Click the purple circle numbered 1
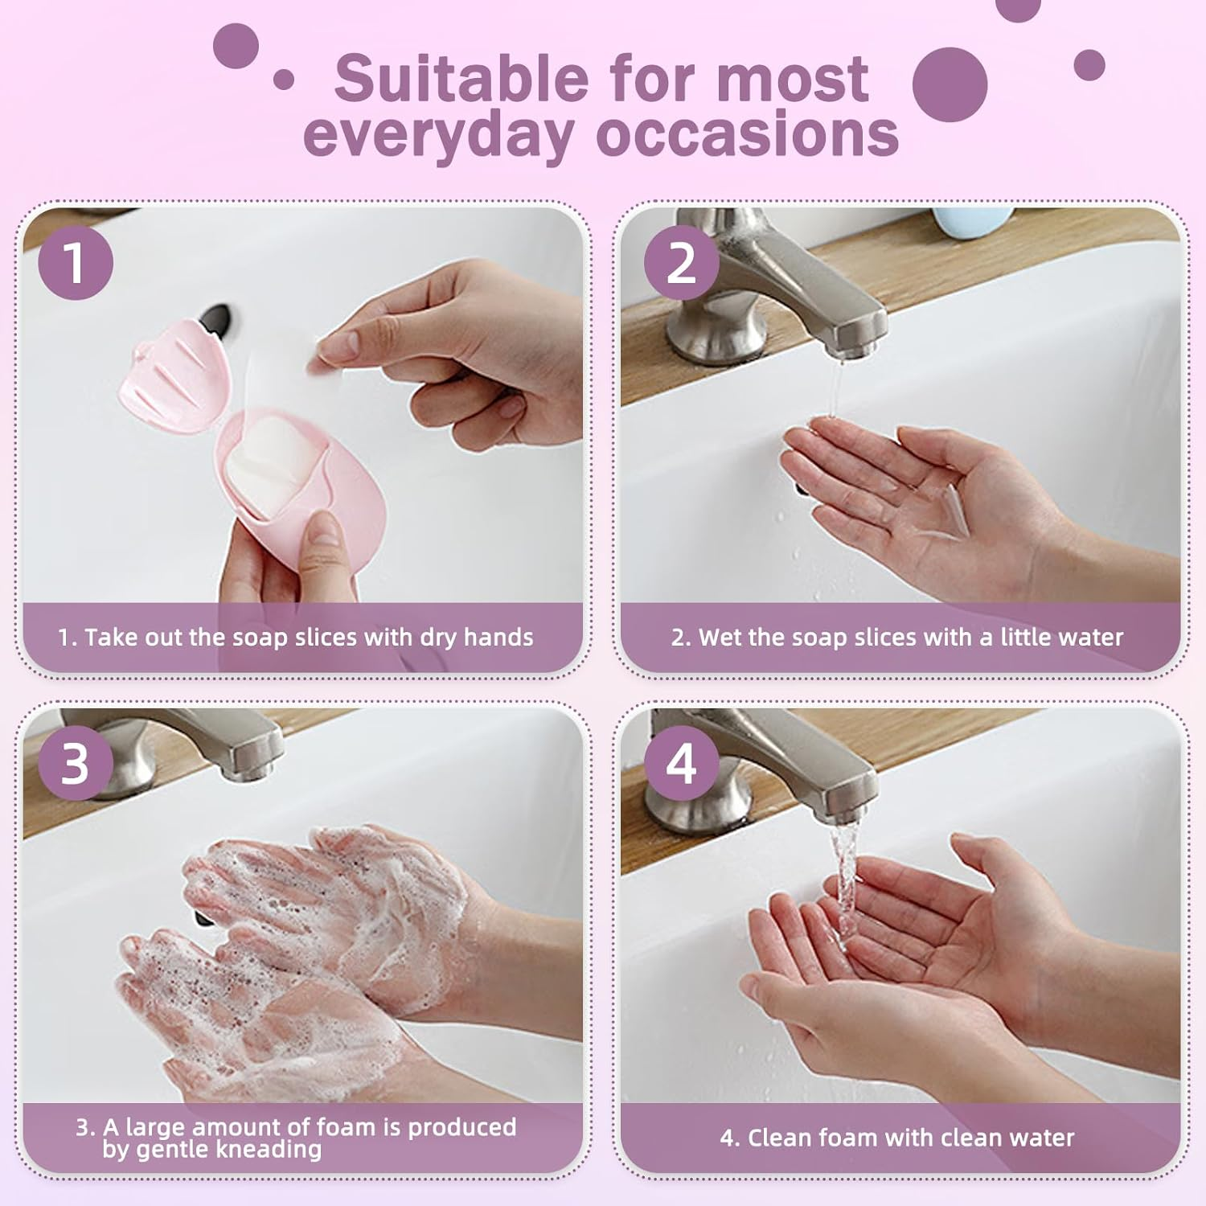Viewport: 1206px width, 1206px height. tap(75, 262)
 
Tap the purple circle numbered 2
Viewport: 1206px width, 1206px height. tap(681, 262)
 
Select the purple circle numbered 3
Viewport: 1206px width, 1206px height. tap(75, 763)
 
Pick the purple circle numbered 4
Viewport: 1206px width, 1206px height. tap(681, 763)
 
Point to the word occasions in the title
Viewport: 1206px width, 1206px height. tap(748, 135)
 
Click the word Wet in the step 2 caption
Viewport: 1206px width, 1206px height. tap(719, 638)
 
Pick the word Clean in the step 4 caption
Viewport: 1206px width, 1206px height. tap(777, 1138)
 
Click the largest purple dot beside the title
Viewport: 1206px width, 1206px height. tap(950, 84)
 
